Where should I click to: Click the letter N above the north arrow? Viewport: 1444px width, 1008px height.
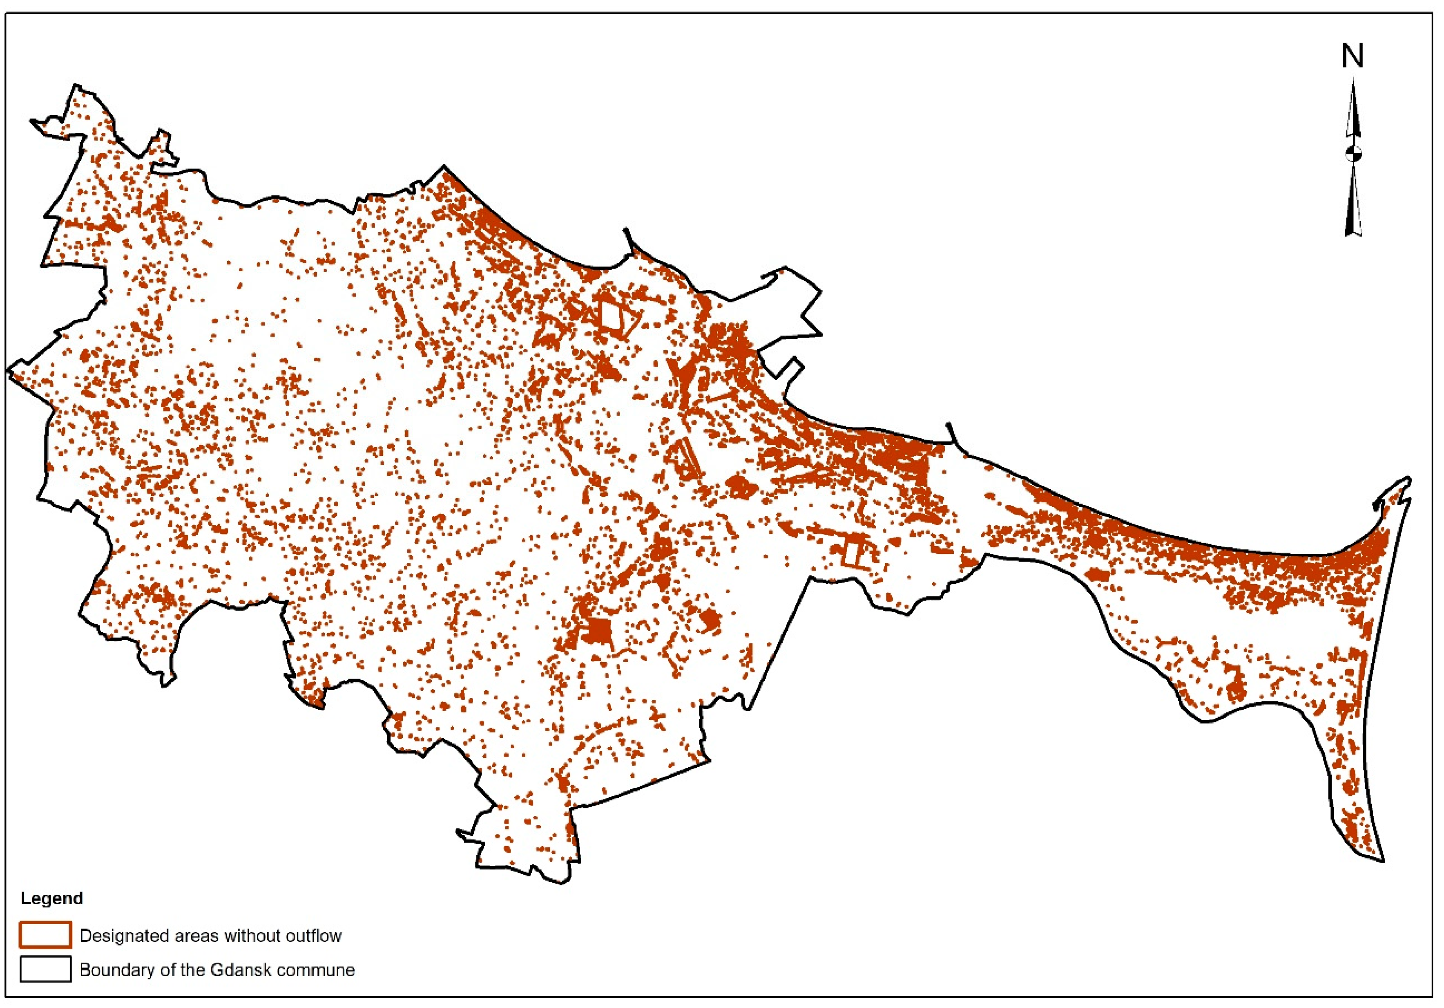click(1352, 57)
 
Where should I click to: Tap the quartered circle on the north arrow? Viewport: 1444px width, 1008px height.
click(1353, 153)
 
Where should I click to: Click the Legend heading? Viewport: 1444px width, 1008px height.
click(51, 898)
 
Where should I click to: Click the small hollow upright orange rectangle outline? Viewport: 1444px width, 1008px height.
click(852, 553)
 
